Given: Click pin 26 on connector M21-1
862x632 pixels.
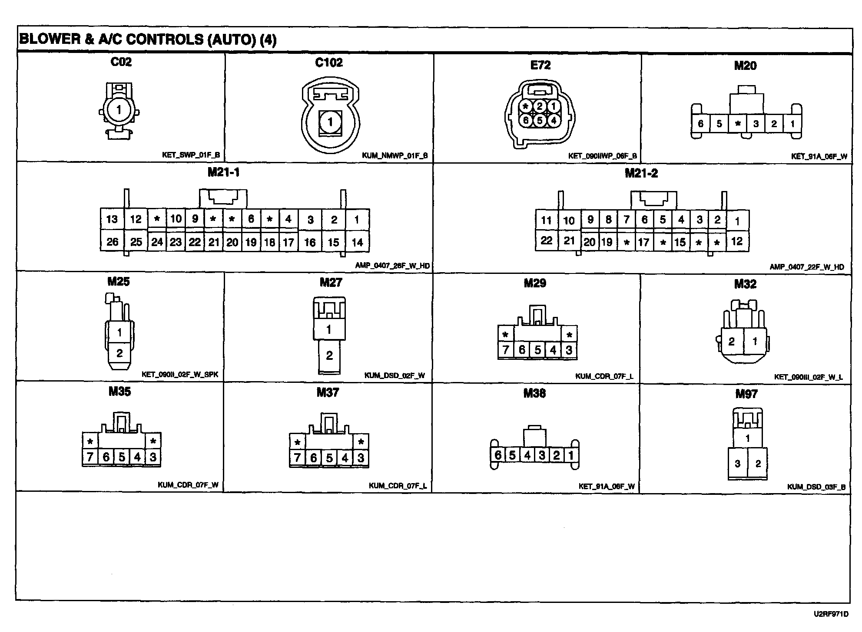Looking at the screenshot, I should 112,242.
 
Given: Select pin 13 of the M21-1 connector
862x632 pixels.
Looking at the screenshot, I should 112,219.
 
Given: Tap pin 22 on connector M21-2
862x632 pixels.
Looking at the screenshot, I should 546,240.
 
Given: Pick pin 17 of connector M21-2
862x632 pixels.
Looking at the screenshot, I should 644,242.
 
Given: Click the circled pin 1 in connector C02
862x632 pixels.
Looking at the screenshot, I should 119,110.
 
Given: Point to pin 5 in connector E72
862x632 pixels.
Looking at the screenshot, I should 540,120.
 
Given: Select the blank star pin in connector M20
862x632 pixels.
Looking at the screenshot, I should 737,124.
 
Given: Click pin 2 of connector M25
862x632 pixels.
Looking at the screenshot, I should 119,353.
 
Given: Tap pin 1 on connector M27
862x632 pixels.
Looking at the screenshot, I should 329,330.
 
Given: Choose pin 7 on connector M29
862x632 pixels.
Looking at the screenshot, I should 505,350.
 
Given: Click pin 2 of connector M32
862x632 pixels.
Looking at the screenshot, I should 732,342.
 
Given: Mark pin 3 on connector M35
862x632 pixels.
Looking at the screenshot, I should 153,457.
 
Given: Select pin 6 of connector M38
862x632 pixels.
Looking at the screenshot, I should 498,455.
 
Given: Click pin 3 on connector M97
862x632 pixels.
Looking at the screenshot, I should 737,464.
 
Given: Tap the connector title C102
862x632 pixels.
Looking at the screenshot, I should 329,63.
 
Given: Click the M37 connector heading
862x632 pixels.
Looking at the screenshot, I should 328,392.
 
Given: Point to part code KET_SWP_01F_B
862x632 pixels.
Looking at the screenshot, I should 192,155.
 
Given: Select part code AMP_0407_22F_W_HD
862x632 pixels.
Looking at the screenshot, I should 807,267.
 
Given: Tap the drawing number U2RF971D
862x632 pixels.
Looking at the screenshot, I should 831,614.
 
